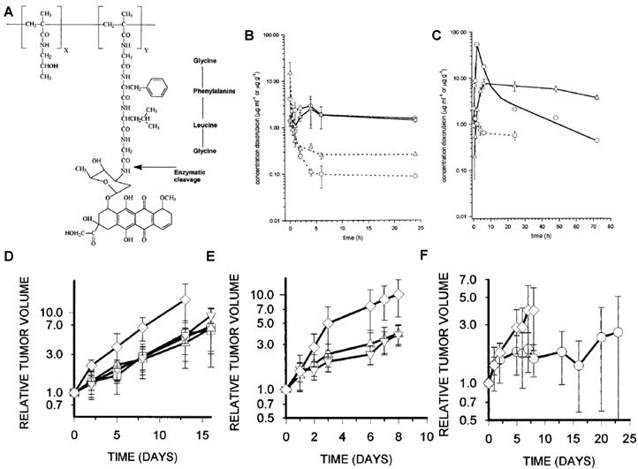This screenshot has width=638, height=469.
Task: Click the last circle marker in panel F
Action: click(x=619, y=331)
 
